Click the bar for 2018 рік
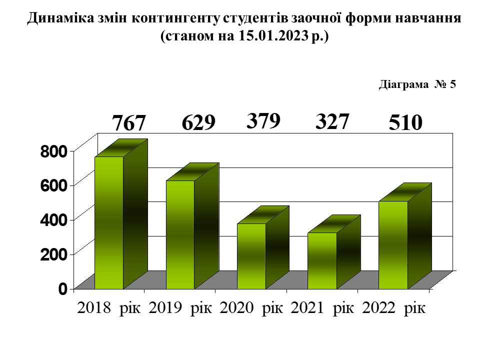pos(109,222)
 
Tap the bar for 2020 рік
pos(251,255)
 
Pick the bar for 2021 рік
pos(322,260)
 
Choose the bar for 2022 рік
pos(393,244)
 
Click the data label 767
pos(128,123)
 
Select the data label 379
pos(263,121)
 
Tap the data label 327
pos(332,121)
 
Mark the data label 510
pos(406,123)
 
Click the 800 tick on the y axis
pos(53,151)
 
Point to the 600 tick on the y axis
pos(53,185)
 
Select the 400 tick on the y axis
pos(53,220)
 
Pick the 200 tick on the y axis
pos(53,254)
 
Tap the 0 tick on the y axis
pos(62,289)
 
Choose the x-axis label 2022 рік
pos(393,307)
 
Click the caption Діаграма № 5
pos(417,84)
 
